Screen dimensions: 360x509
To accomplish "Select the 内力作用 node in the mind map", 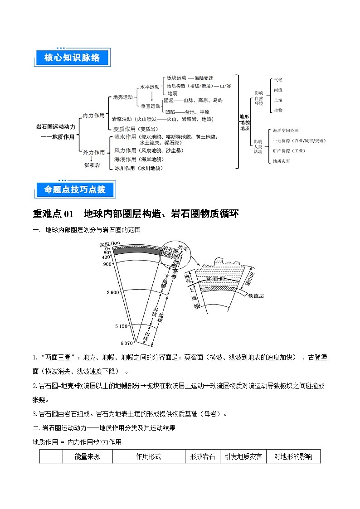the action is tap(93, 116).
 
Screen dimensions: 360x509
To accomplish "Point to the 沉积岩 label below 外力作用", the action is tap(92, 165).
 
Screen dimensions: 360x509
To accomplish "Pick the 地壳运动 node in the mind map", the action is tap(122, 97).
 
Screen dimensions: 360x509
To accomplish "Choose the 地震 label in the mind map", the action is tap(172, 93).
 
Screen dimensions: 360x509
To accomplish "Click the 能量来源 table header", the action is tap(87, 456).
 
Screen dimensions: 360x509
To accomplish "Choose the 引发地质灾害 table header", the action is tap(243, 456).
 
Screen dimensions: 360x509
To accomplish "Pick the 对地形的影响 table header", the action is tap(293, 456).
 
